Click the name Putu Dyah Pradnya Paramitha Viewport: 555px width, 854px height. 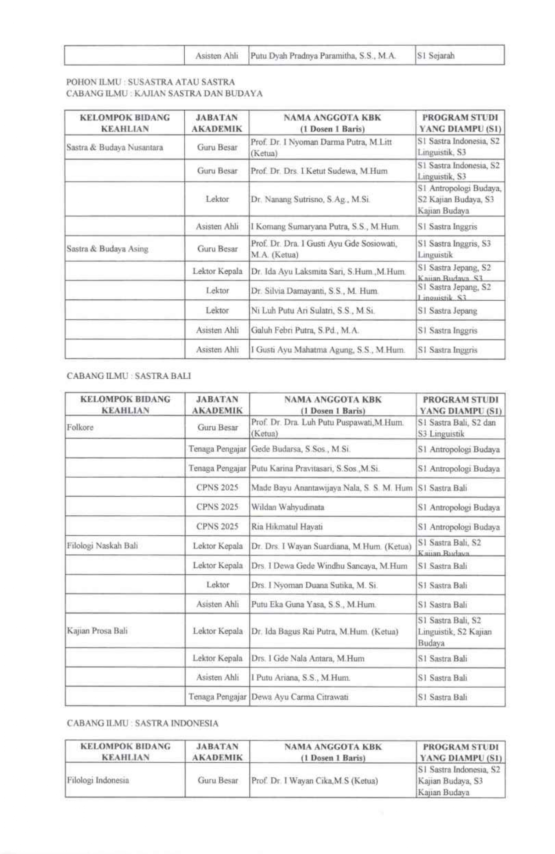click(x=323, y=56)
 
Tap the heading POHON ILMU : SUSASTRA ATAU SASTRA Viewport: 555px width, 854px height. click(x=150, y=82)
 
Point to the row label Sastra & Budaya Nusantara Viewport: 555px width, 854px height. click(x=115, y=147)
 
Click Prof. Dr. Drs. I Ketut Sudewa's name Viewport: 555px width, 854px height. click(x=319, y=171)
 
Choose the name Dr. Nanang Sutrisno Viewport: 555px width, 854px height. click(x=310, y=199)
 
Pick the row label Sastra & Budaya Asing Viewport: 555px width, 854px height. click(x=107, y=249)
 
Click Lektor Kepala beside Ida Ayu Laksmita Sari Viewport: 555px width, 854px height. click(x=217, y=271)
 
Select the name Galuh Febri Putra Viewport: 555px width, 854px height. click(x=304, y=330)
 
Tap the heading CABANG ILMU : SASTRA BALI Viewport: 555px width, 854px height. click(x=129, y=376)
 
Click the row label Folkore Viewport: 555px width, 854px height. click(x=80, y=427)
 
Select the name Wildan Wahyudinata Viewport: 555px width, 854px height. click(x=287, y=507)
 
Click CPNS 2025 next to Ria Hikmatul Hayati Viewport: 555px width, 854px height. click(x=217, y=527)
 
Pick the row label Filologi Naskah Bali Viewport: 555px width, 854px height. click(x=102, y=546)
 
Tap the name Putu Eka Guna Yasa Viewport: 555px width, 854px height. click(x=313, y=604)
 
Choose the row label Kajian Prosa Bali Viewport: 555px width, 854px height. click(x=97, y=631)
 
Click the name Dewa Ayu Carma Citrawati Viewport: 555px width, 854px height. click(x=300, y=697)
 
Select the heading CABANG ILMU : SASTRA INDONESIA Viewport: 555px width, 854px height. click(x=142, y=723)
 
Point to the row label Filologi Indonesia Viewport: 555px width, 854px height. click(x=98, y=780)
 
